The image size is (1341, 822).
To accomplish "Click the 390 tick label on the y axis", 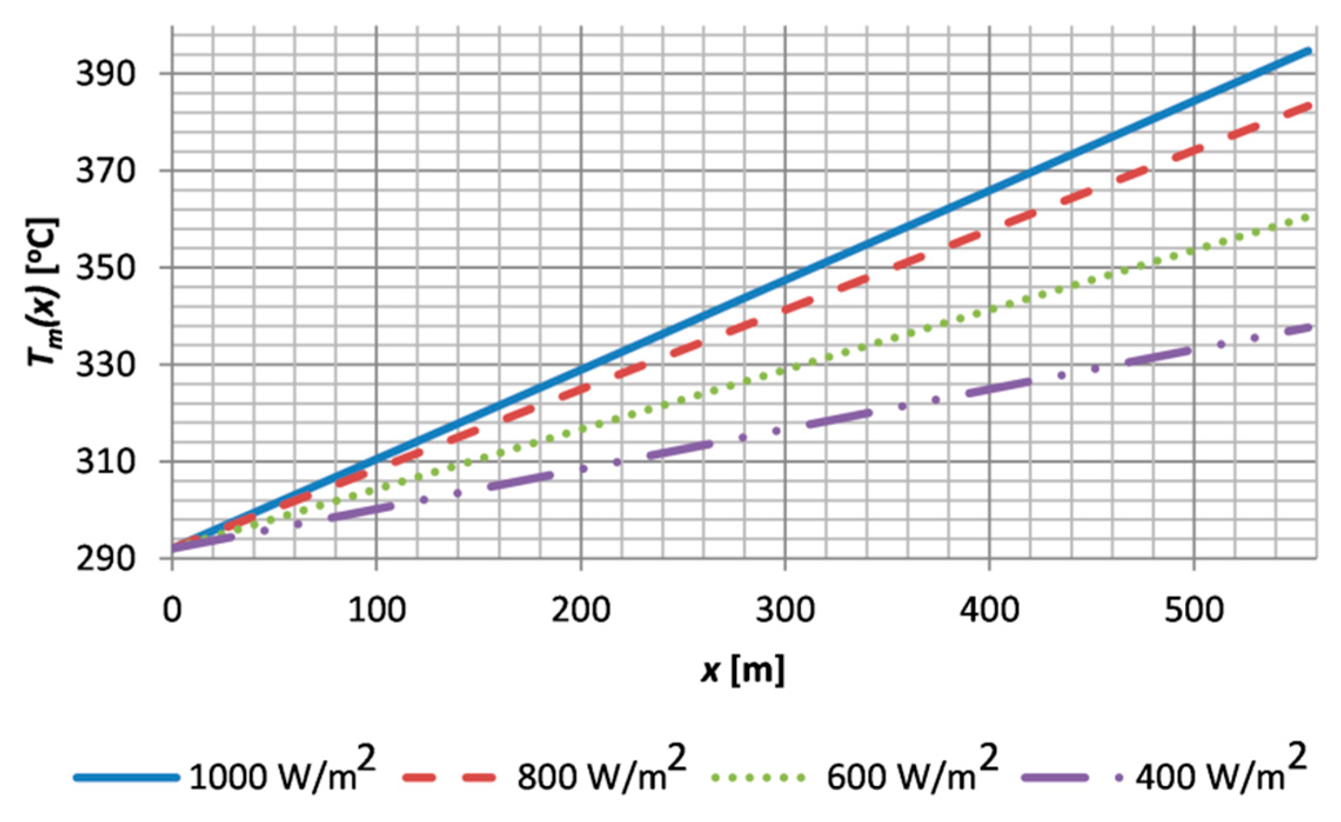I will pos(106,74).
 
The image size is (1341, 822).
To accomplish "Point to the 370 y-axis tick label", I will pos(106,171).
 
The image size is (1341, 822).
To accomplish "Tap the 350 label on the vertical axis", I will pos(106,268).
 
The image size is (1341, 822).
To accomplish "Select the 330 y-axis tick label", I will pos(106,365).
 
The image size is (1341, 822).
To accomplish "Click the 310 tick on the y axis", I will pos(106,462).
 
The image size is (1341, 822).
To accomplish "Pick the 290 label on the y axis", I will pos(106,559).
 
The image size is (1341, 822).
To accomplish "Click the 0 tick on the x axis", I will pos(172,610).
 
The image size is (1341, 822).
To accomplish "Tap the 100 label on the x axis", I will pos(377,610).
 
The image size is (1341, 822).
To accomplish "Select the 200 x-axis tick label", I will pos(581,610).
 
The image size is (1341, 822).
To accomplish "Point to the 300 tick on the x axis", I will pos(785,610).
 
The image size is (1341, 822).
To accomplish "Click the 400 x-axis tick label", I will pos(990,610).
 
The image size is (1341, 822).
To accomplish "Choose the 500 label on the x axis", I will pos(1194,610).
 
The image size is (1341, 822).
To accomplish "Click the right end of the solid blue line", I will pos(1309,51).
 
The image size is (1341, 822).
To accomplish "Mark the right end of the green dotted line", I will pos(1306,218).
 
